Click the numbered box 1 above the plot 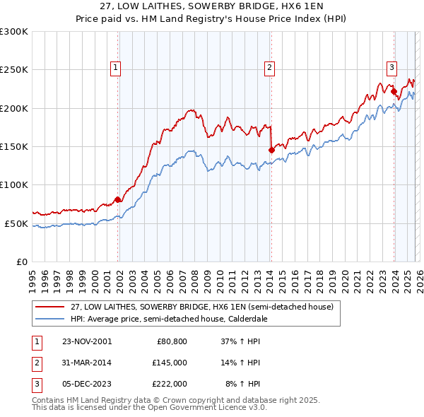115,68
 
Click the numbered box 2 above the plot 270,68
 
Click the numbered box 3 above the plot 391,68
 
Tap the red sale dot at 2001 118,199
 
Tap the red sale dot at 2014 271,150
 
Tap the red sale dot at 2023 394,90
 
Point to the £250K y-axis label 14,70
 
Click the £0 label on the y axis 21,262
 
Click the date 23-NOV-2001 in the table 87,341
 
